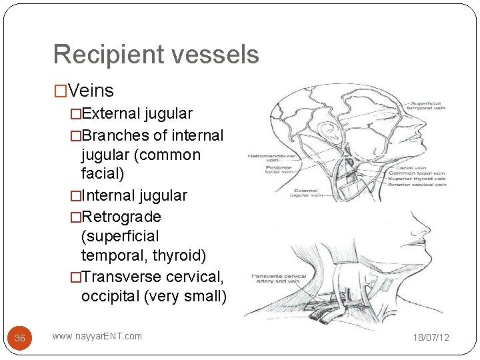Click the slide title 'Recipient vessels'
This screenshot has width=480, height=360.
pos(155,54)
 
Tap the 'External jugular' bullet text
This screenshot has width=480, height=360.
pos(137,114)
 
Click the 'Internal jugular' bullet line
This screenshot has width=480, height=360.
pos(134,195)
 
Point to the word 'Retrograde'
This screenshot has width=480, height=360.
pos(121,217)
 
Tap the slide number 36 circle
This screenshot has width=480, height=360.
pos(20,338)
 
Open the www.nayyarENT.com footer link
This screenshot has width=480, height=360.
pos(97,336)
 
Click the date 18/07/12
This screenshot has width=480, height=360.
pos(431,337)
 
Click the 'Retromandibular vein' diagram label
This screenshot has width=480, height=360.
pos(267,159)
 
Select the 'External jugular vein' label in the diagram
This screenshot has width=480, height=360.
pos(304,193)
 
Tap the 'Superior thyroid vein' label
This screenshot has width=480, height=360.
pos(420,178)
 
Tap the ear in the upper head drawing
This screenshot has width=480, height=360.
pos(328,132)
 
